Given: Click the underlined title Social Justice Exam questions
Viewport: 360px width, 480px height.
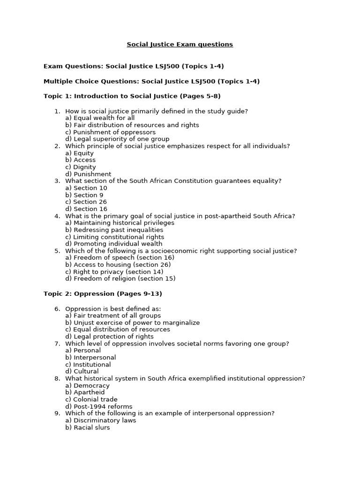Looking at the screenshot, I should click(x=180, y=45).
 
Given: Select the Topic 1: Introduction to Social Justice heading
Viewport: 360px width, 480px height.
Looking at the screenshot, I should click(x=132, y=96).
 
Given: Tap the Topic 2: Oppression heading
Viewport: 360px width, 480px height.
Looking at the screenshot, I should click(x=103, y=294).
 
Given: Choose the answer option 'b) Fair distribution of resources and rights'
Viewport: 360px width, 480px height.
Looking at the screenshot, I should click(x=132, y=125).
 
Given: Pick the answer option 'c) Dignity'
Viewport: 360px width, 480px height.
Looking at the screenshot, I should click(x=81, y=167).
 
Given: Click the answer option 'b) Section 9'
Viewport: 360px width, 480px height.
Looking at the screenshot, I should click(x=84, y=195).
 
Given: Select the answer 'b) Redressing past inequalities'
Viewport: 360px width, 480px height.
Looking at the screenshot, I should click(x=114, y=230).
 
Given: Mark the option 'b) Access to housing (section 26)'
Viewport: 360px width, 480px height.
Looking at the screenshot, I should click(x=118, y=265).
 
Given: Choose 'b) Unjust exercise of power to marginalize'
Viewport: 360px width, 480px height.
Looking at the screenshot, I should click(x=133, y=322).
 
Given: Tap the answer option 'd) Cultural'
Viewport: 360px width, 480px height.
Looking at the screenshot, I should click(x=82, y=371).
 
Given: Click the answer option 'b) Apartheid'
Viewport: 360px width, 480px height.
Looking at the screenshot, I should click(x=85, y=392).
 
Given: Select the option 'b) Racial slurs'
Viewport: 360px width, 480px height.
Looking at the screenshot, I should click(x=88, y=427).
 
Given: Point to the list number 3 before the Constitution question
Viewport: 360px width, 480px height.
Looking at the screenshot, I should click(x=57, y=181).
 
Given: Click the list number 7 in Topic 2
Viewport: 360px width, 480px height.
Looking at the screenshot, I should click(x=57, y=344).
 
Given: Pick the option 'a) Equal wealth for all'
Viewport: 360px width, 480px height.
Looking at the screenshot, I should click(x=100, y=118).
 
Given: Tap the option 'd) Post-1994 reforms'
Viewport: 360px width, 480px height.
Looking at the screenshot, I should click(x=99, y=406).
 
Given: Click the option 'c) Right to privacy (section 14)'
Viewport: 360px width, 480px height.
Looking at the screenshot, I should click(x=114, y=272).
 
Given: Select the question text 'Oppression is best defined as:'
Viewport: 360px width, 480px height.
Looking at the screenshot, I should click(x=113, y=309).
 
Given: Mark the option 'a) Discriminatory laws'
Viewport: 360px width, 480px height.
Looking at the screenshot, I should click(x=101, y=420).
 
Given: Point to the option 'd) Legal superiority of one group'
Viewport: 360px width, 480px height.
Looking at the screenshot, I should click(x=117, y=139).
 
